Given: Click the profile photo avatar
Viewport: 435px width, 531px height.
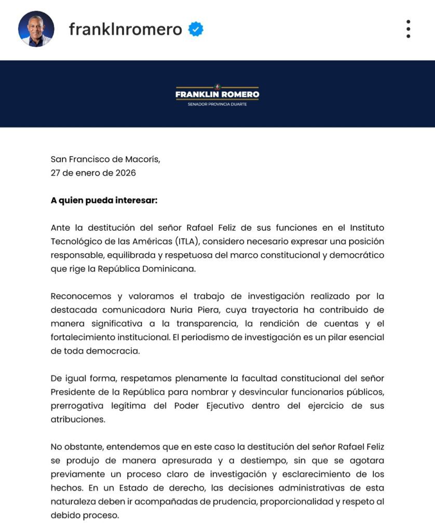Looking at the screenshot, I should (36, 29).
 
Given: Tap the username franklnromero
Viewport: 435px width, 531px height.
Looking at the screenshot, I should (125, 30).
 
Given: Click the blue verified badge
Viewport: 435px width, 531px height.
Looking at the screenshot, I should (196, 30).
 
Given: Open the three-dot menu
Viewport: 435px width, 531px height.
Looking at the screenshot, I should (409, 29).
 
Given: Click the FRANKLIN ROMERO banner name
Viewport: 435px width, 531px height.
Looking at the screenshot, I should (217, 94).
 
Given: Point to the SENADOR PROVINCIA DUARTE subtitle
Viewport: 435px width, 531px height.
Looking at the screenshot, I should (217, 104).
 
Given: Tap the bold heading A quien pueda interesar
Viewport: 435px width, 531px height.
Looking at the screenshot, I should (104, 200).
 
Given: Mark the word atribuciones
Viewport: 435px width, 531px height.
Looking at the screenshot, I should (78, 419).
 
